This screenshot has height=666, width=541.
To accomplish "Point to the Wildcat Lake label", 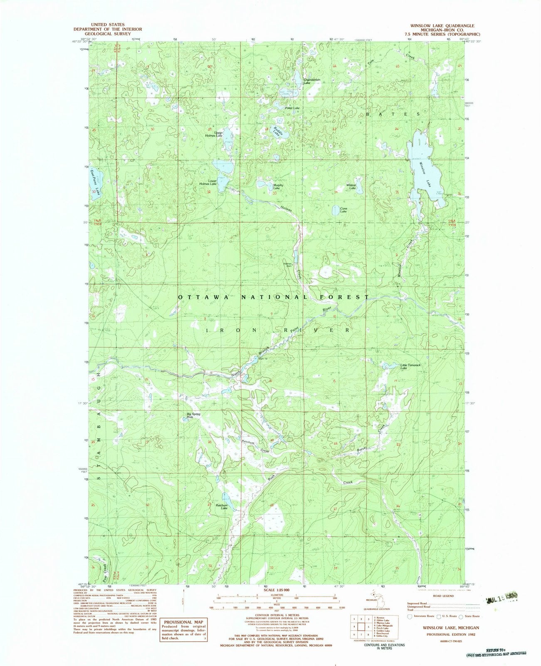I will tap(352, 186).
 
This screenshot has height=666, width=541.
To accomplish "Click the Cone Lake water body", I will tap(336, 211).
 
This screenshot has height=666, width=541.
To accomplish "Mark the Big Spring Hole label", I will tap(193, 415).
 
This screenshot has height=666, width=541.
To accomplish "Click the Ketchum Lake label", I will tap(222, 507).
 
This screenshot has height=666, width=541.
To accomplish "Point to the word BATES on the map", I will tap(401, 113).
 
